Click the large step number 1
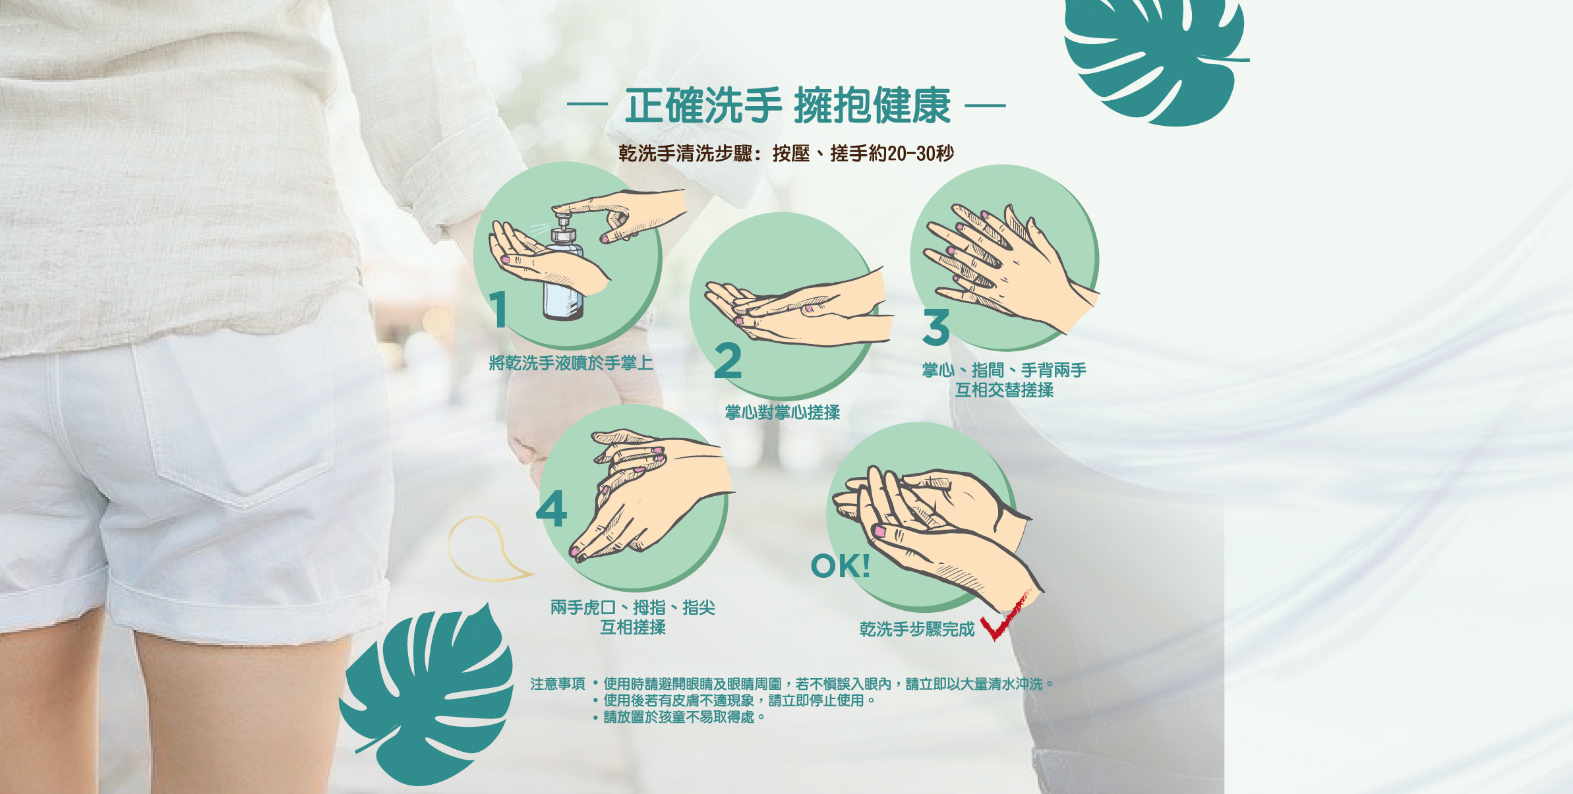[x=498, y=310]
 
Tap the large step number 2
[x=728, y=361]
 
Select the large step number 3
[x=936, y=327]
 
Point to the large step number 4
[x=552, y=508]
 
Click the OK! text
[x=841, y=566]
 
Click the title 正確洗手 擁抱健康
[x=787, y=105]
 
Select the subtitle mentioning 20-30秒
[x=786, y=154]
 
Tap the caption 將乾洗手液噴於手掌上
[x=571, y=363]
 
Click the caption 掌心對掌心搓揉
[x=783, y=412]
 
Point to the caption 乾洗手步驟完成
[x=917, y=629]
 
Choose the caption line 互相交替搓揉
[x=1005, y=390]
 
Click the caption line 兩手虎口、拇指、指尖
[x=633, y=607]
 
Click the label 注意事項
[x=558, y=684]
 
